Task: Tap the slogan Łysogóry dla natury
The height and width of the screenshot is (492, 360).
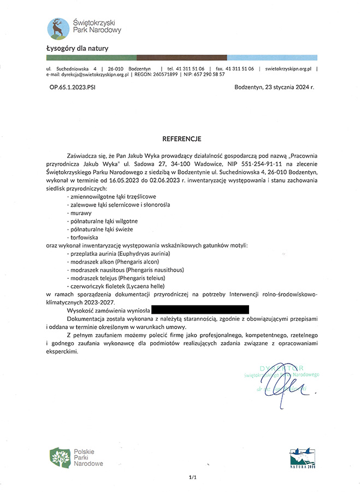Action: [77, 49]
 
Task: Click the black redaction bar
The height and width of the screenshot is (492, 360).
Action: [200, 309]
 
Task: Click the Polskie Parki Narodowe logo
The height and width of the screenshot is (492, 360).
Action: [76, 457]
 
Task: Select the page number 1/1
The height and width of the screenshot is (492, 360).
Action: [192, 477]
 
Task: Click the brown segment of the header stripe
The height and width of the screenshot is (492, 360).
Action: [181, 57]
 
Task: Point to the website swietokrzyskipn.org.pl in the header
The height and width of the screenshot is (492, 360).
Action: [289, 68]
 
